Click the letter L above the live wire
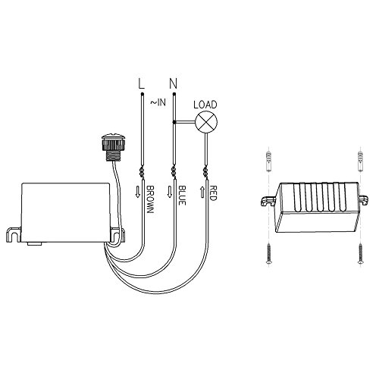pos(141,83)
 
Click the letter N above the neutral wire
pos(173,83)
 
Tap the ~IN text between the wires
pos(158,102)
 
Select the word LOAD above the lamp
pos(205,105)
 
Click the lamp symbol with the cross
pos(206,122)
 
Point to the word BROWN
pos(150,199)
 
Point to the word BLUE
pos(182,196)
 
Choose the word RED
pos(214,193)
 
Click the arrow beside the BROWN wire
pos(138,192)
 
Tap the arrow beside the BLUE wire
pos(170,192)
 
